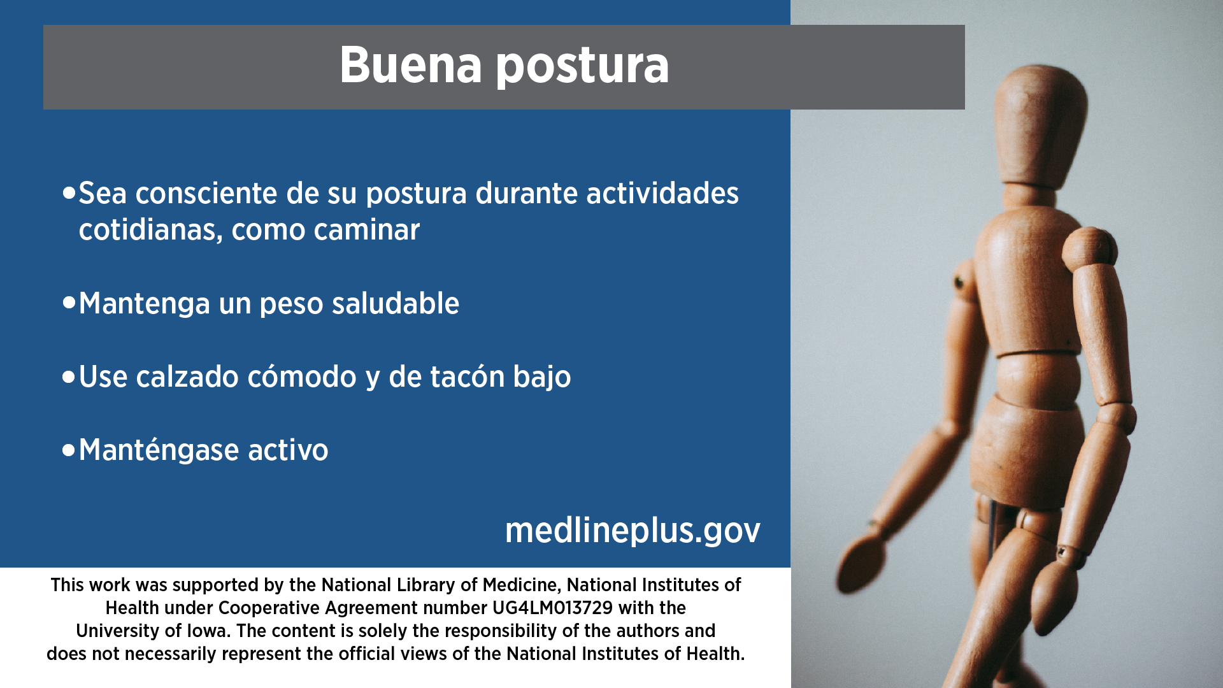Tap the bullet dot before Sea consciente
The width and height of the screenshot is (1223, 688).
pyautogui.click(x=69, y=192)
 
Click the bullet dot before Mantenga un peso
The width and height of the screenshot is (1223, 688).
pyautogui.click(x=69, y=303)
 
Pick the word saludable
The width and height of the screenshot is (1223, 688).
pyautogui.click(x=396, y=303)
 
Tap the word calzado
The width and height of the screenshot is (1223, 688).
pyautogui.click(x=187, y=376)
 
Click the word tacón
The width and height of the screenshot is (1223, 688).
pyautogui.click(x=468, y=376)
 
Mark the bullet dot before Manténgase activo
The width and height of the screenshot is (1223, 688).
pyautogui.click(x=69, y=450)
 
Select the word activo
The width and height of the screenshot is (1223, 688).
pyautogui.click(x=288, y=450)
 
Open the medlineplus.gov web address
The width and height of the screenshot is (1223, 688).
pyautogui.click(x=633, y=531)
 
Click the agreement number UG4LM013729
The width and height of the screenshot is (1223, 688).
pyautogui.click(x=552, y=608)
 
